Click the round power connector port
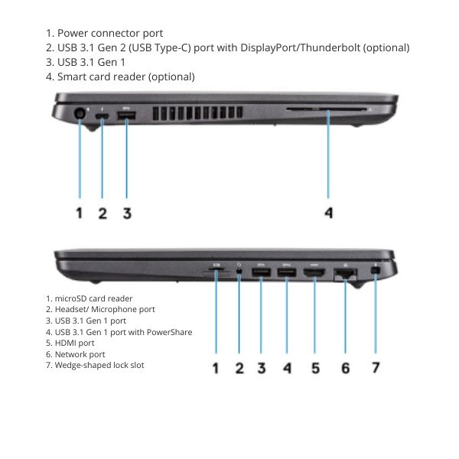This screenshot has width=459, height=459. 80,113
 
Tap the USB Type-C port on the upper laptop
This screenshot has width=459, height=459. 102,116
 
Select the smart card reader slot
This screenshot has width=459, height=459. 327,109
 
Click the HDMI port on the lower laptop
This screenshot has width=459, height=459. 314,273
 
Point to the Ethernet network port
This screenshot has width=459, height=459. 345,274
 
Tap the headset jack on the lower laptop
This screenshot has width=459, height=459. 239,271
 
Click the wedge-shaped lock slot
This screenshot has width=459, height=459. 376,271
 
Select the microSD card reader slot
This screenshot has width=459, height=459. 216,269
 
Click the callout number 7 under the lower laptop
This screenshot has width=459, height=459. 376,368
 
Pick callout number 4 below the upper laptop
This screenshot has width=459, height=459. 329,213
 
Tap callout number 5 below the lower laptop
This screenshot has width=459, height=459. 315,368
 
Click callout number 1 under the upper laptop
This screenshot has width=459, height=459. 79,213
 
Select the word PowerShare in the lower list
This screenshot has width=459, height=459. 170,332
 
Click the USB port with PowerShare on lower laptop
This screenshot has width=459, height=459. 287,272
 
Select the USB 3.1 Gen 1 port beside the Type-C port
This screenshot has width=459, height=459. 126,116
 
